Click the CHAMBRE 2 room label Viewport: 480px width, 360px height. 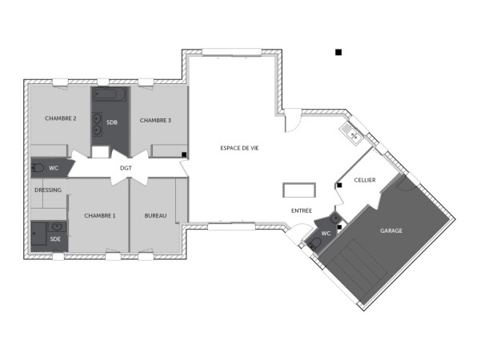point(61,118)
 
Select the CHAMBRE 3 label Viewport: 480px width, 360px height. point(155,120)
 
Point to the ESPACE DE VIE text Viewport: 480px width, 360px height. point(239,148)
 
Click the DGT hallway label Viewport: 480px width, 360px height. point(126,168)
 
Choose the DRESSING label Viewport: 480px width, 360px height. point(48,190)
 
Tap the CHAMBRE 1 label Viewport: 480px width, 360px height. point(100,215)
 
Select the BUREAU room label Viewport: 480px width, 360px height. point(155,215)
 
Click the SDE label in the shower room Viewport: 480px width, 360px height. point(55,238)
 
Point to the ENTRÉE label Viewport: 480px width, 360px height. point(302,210)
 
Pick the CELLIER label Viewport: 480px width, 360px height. point(365,180)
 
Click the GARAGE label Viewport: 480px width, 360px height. point(391,230)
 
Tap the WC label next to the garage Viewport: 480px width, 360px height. point(326,234)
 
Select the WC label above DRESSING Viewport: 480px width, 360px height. point(54,168)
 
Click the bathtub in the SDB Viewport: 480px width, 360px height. point(110,96)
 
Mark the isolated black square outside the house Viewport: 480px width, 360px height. point(338,53)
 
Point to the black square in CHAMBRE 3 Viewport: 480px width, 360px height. point(184,154)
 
